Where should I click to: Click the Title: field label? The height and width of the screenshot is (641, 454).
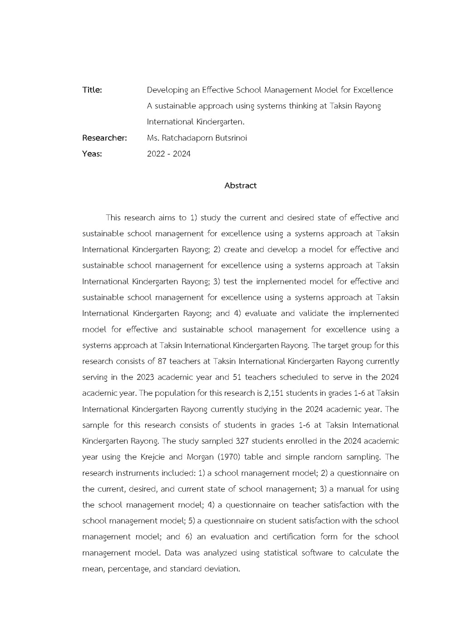(92, 90)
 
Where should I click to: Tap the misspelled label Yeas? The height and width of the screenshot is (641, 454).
(92, 154)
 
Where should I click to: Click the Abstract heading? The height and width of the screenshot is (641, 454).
(240, 185)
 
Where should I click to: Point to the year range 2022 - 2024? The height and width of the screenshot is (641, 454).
(169, 154)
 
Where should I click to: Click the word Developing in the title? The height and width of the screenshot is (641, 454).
(167, 90)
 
